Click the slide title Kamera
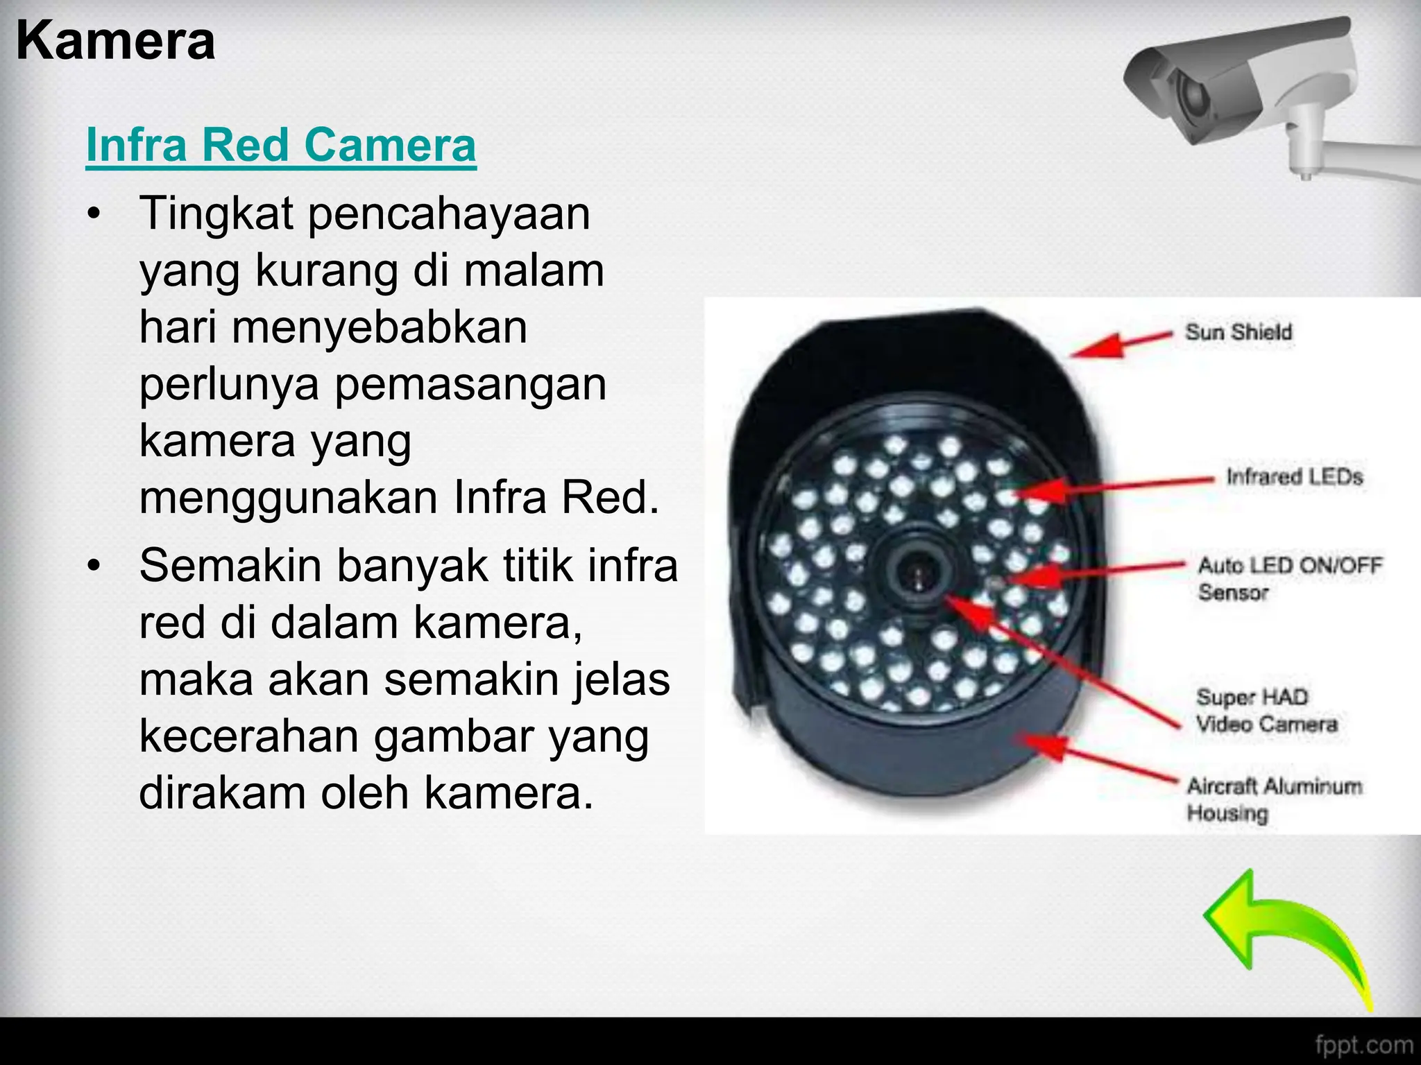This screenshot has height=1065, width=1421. [115, 42]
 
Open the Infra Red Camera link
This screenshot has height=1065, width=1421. [281, 145]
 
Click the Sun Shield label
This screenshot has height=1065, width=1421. [1239, 332]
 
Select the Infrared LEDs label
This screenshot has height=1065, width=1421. [1294, 477]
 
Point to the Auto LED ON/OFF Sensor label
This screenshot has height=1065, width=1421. [1289, 578]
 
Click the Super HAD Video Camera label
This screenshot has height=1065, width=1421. [1266, 710]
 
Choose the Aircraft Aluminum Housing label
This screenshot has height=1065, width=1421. [1274, 799]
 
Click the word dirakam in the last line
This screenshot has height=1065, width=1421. [222, 793]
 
